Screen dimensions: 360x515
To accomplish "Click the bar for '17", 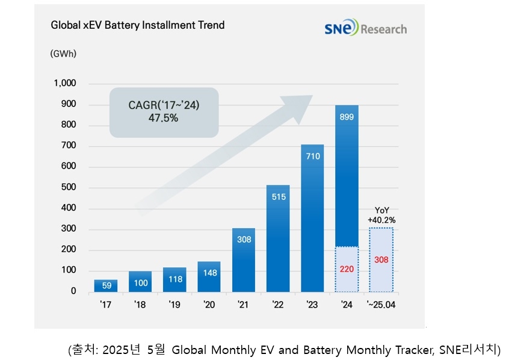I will [x=106, y=285].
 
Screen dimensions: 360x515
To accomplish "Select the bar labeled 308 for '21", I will [x=243, y=260].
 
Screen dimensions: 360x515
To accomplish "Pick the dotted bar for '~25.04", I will [x=381, y=259].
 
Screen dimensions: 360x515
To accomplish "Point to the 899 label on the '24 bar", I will [x=347, y=117].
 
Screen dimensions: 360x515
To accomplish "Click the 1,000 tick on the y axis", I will [x=65, y=84].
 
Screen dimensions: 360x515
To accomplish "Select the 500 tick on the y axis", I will [x=69, y=188].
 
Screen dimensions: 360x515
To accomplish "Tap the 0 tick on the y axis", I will [x=73, y=291].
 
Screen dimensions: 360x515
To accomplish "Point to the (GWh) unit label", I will [x=63, y=53].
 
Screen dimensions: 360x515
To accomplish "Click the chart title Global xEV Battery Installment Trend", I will [x=137, y=25].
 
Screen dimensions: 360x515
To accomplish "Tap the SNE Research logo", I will [x=365, y=28].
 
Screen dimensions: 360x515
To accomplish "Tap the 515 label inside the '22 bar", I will [x=278, y=196].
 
